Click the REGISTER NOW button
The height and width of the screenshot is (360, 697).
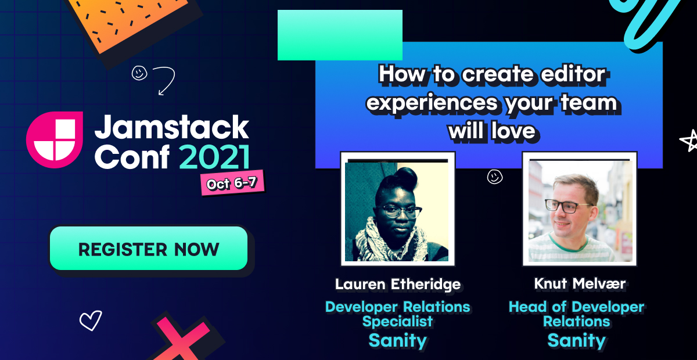coord(149,249)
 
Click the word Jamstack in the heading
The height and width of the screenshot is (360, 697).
coord(172,127)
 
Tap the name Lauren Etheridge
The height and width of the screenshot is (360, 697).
coord(398,284)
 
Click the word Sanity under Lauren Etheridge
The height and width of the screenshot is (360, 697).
coord(398,340)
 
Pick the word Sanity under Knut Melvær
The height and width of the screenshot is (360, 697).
coord(576,340)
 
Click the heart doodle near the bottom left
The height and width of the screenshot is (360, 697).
coord(91,320)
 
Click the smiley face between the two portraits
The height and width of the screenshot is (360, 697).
coord(495,177)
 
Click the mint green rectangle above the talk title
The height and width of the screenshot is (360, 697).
coord(340,35)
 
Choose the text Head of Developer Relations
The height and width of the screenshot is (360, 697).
coord(576,314)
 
